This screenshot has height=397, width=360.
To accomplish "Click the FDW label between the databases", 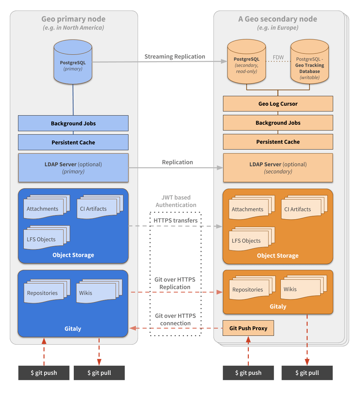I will [278, 57].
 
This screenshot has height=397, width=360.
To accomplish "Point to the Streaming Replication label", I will [175, 56].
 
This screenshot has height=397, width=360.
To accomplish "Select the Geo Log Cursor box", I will [278, 104].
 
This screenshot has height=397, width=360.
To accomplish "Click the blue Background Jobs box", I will [73, 123].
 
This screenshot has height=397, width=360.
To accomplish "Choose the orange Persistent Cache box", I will [278, 142].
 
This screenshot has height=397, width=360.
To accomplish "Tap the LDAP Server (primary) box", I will [73, 168].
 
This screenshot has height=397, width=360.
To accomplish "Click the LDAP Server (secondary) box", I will [278, 168].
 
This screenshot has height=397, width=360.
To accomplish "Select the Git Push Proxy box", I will [248, 328].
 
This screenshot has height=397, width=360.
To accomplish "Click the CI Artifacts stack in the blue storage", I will [98, 207].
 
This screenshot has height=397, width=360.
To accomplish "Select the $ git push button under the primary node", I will [44, 373].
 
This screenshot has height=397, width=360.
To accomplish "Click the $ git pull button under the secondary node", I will [307, 373].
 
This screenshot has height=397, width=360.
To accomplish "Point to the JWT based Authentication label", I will [176, 201].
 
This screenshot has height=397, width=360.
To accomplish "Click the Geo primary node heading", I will [73, 19].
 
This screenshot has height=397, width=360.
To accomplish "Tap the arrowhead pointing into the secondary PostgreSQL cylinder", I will [224, 62].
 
